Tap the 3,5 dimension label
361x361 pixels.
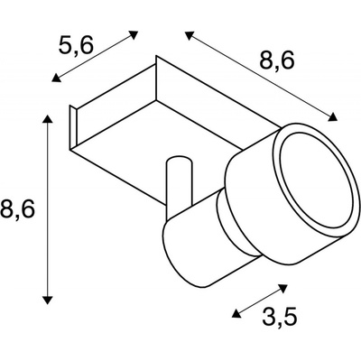click(280, 316)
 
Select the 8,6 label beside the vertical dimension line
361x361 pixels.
click(17, 208)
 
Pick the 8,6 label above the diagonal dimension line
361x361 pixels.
click(276, 61)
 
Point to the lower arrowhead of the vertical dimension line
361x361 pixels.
click(48, 300)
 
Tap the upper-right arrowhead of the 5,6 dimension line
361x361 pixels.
click(134, 34)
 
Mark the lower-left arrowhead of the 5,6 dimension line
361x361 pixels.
click(56, 78)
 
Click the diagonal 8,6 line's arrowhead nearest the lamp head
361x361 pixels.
click(332, 117)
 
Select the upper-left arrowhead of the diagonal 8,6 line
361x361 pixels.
click(190, 35)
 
